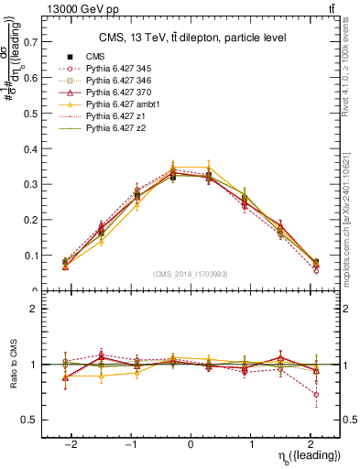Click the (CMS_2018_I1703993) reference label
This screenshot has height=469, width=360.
191,274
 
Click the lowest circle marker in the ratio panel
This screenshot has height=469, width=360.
316,395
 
